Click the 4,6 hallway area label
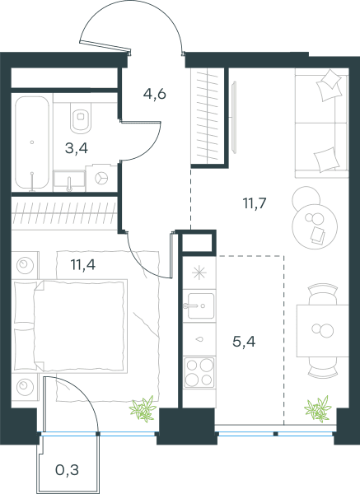click(x=155, y=94)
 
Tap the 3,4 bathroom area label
click(x=77, y=147)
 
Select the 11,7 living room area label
click(x=255, y=203)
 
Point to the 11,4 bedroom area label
click(x=83, y=264)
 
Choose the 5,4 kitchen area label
click(x=244, y=341)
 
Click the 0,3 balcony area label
click(x=67, y=470)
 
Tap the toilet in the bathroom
click(x=81, y=118)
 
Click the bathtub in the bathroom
click(x=32, y=142)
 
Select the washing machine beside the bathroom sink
click(x=101, y=177)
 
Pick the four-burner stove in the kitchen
click(x=199, y=372)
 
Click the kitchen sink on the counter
click(x=200, y=305)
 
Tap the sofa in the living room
click(x=321, y=123)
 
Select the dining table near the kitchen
click(x=322, y=330)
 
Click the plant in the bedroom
click(x=143, y=409)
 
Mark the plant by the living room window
click(x=318, y=409)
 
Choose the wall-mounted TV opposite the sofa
click(x=234, y=117)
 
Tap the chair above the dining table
click(x=322, y=294)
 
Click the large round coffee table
click(x=315, y=226)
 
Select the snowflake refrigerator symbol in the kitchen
click(x=199, y=273)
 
